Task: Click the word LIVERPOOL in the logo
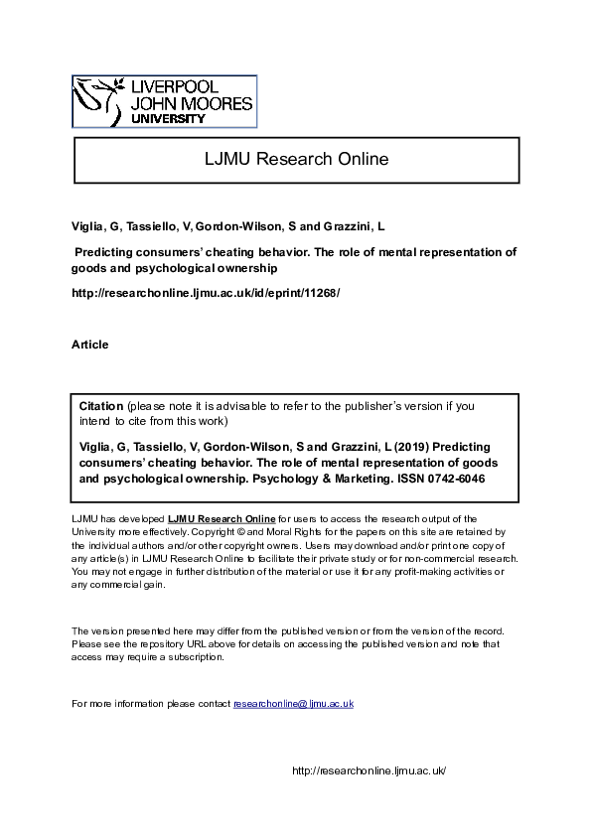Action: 186,87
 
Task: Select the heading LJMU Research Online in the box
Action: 297,159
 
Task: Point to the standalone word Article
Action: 90,345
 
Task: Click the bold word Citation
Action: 101,406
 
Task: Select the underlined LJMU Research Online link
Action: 221,518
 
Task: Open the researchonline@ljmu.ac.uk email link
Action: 293,704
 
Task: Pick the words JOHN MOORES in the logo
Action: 190,103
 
